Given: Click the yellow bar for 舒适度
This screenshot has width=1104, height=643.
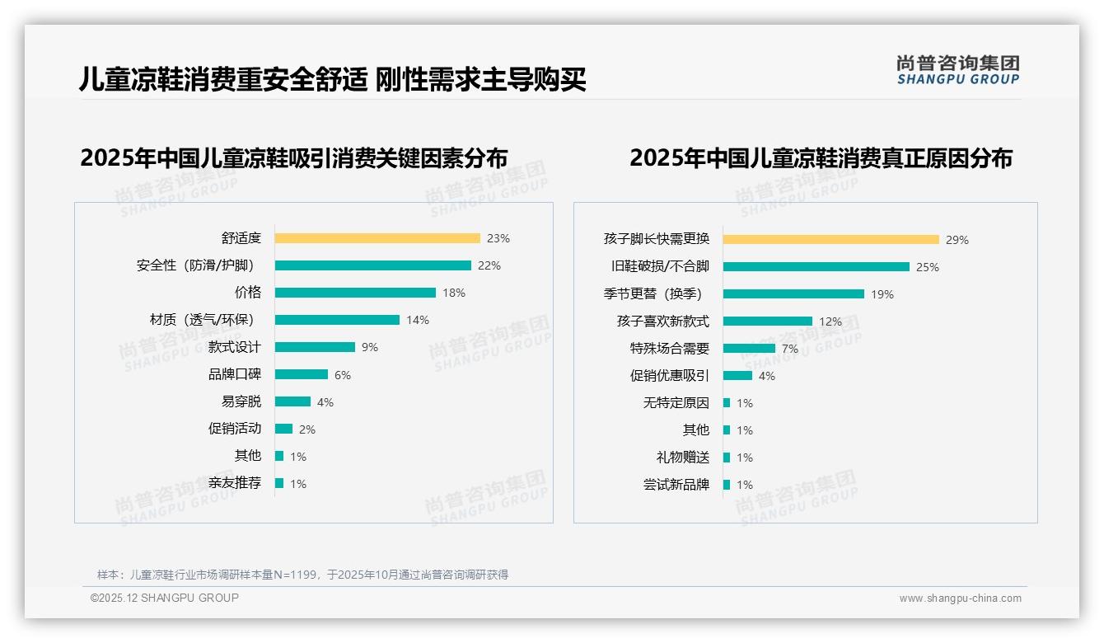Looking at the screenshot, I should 377,238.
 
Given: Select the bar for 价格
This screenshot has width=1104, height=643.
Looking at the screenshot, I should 355,293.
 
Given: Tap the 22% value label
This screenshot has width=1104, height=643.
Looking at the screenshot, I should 489,265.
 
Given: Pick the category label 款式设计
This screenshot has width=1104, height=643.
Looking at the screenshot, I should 234,347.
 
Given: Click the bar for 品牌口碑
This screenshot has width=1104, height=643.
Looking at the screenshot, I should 302,374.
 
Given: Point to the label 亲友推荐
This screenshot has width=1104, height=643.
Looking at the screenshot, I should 234,483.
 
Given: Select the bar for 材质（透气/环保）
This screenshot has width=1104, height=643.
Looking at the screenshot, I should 337,320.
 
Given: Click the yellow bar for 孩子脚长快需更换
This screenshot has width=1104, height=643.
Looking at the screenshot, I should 831,240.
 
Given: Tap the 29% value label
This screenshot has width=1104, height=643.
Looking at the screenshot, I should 957,240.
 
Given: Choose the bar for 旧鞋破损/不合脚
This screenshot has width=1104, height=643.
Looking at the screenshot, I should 816,267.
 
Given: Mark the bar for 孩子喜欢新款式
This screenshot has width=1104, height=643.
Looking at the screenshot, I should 768,321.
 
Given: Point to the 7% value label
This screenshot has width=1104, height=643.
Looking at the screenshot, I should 790,349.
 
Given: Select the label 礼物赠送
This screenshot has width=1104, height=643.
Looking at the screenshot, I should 682,458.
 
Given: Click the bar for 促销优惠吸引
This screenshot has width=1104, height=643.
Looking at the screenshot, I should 738,376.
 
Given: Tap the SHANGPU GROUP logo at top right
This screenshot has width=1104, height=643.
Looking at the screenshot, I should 957,70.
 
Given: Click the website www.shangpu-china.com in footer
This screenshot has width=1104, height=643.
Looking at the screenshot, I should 960,598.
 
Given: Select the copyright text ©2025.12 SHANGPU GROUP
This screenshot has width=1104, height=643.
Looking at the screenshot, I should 165,598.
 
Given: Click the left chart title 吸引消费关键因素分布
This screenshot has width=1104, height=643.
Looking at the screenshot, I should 293,158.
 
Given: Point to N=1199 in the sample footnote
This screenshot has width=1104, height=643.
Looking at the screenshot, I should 294,575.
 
